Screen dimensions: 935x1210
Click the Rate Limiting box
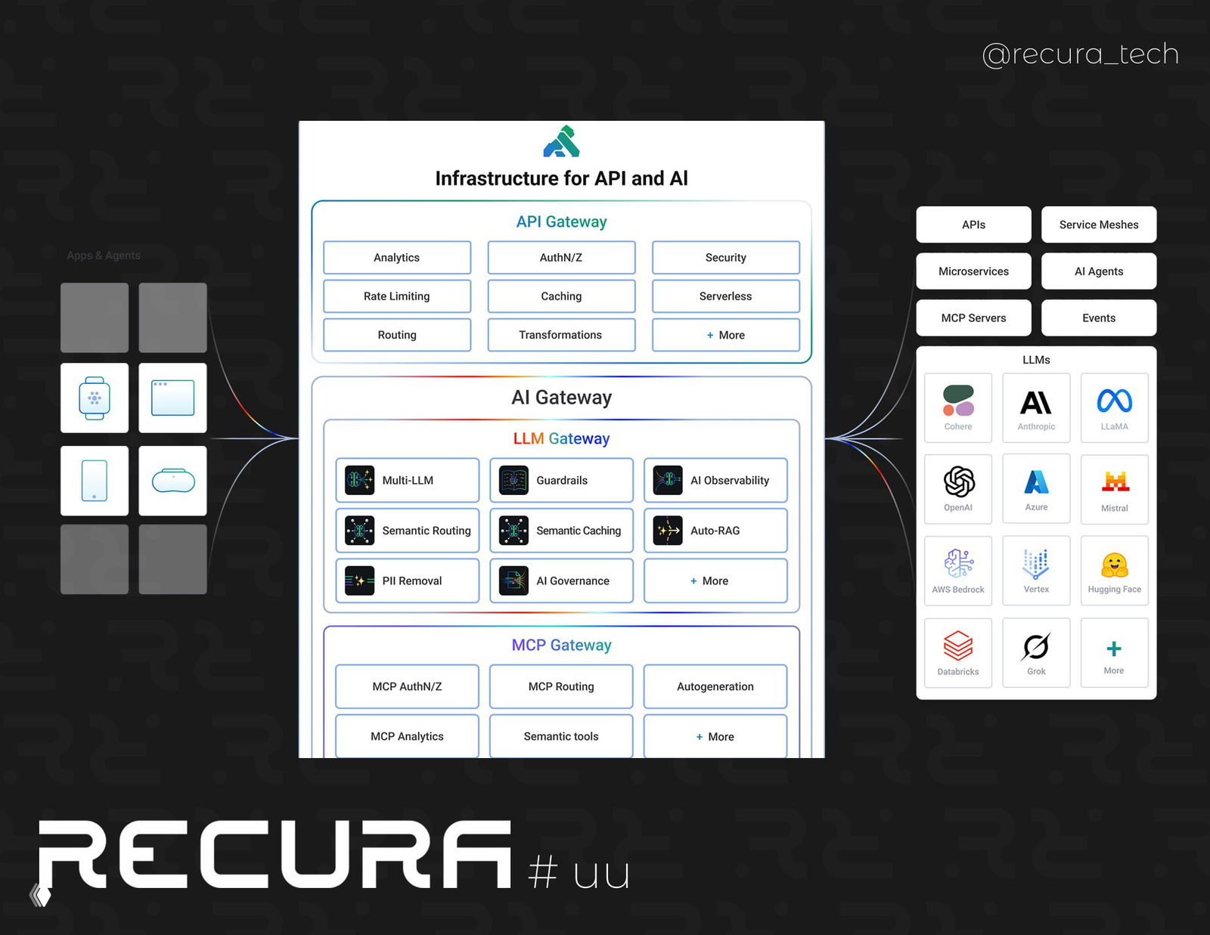pos(396,296)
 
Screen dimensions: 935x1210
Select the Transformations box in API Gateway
pos(560,335)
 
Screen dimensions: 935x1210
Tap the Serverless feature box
pos(725,296)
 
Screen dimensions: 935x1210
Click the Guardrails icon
pos(513,480)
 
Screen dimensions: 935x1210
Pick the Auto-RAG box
pos(715,531)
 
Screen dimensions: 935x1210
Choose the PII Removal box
pos(407,581)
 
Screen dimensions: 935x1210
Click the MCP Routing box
pos(560,686)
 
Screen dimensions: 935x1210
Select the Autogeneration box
pos(715,686)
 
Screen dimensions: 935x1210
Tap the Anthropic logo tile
pos(1036,407)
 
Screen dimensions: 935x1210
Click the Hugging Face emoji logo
pos(1114,565)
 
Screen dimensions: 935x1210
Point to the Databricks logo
pos(958,646)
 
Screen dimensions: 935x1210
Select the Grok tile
pos(1036,652)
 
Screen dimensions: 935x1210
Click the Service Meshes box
pos(1098,224)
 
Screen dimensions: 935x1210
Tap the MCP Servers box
pos(973,318)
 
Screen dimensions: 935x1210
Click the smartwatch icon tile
pos(95,398)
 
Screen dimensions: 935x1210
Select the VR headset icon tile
pos(173,481)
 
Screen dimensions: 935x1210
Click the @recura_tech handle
pos(1080,54)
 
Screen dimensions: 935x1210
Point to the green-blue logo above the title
pos(561,142)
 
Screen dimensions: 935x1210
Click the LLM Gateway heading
pos(561,438)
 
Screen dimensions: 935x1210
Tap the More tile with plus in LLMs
pos(1114,652)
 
